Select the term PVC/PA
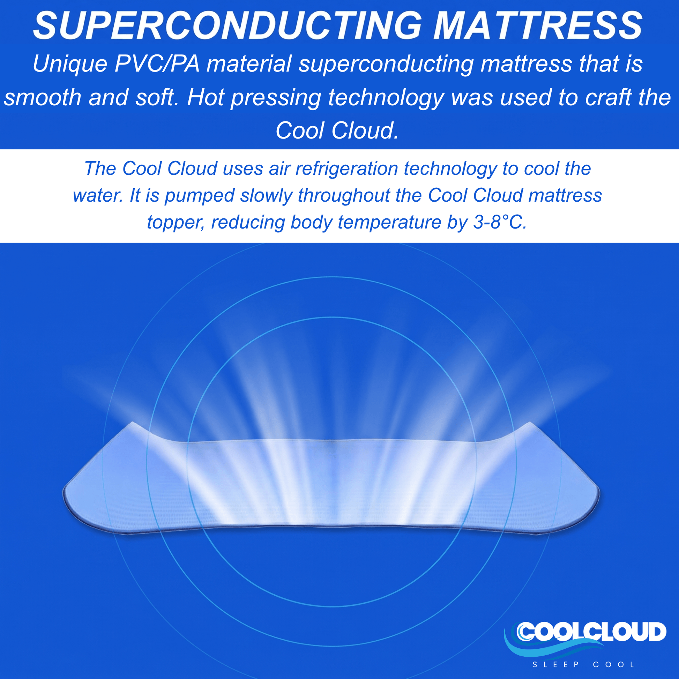(x=157, y=64)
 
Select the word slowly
(x=266, y=196)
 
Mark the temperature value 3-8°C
(x=500, y=223)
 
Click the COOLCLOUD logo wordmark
(x=591, y=632)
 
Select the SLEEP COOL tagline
(x=584, y=665)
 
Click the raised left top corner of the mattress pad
(x=132, y=423)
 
